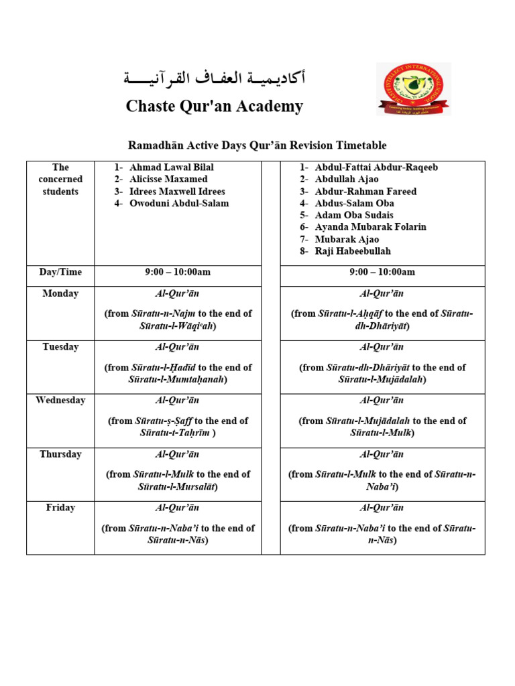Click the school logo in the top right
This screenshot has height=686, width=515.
tap(414, 89)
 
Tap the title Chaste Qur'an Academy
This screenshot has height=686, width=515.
tap(215, 106)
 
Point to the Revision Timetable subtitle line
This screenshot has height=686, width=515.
tap(257, 145)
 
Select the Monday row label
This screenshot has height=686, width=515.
tap(60, 293)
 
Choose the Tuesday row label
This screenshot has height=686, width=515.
tap(60, 347)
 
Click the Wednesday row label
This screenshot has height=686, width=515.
tap(60, 401)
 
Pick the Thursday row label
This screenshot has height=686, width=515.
tap(60, 454)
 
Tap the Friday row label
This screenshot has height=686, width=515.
tap(60, 508)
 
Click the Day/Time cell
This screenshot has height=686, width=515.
tap(60, 272)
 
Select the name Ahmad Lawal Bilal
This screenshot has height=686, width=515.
tap(172, 167)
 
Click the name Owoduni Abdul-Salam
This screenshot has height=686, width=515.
tap(179, 204)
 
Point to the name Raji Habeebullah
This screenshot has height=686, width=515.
tap(353, 251)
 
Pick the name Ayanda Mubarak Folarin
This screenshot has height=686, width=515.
tap(370, 227)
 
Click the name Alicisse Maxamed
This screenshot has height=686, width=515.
tap(168, 180)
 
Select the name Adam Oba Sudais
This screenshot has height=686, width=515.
tap(354, 215)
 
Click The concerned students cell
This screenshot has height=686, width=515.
tap(60, 180)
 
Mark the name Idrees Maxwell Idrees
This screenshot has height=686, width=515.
tap(177, 192)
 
